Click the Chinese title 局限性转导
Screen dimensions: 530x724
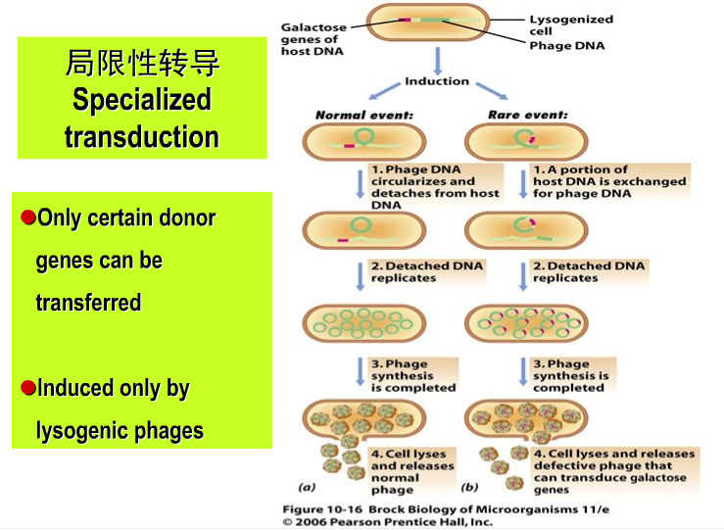click(142, 65)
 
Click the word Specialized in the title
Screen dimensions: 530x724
click(142, 100)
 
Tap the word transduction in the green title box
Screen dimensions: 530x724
click(142, 136)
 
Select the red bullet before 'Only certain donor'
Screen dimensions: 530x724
click(28, 217)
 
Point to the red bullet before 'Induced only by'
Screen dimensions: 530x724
click(28, 387)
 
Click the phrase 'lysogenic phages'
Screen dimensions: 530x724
click(120, 430)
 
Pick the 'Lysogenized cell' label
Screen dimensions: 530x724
click(570, 24)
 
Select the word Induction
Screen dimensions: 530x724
click(437, 81)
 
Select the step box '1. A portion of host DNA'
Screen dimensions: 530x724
click(608, 181)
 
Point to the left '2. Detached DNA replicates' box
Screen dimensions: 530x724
click(426, 271)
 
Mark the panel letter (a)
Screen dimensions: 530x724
click(308, 486)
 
